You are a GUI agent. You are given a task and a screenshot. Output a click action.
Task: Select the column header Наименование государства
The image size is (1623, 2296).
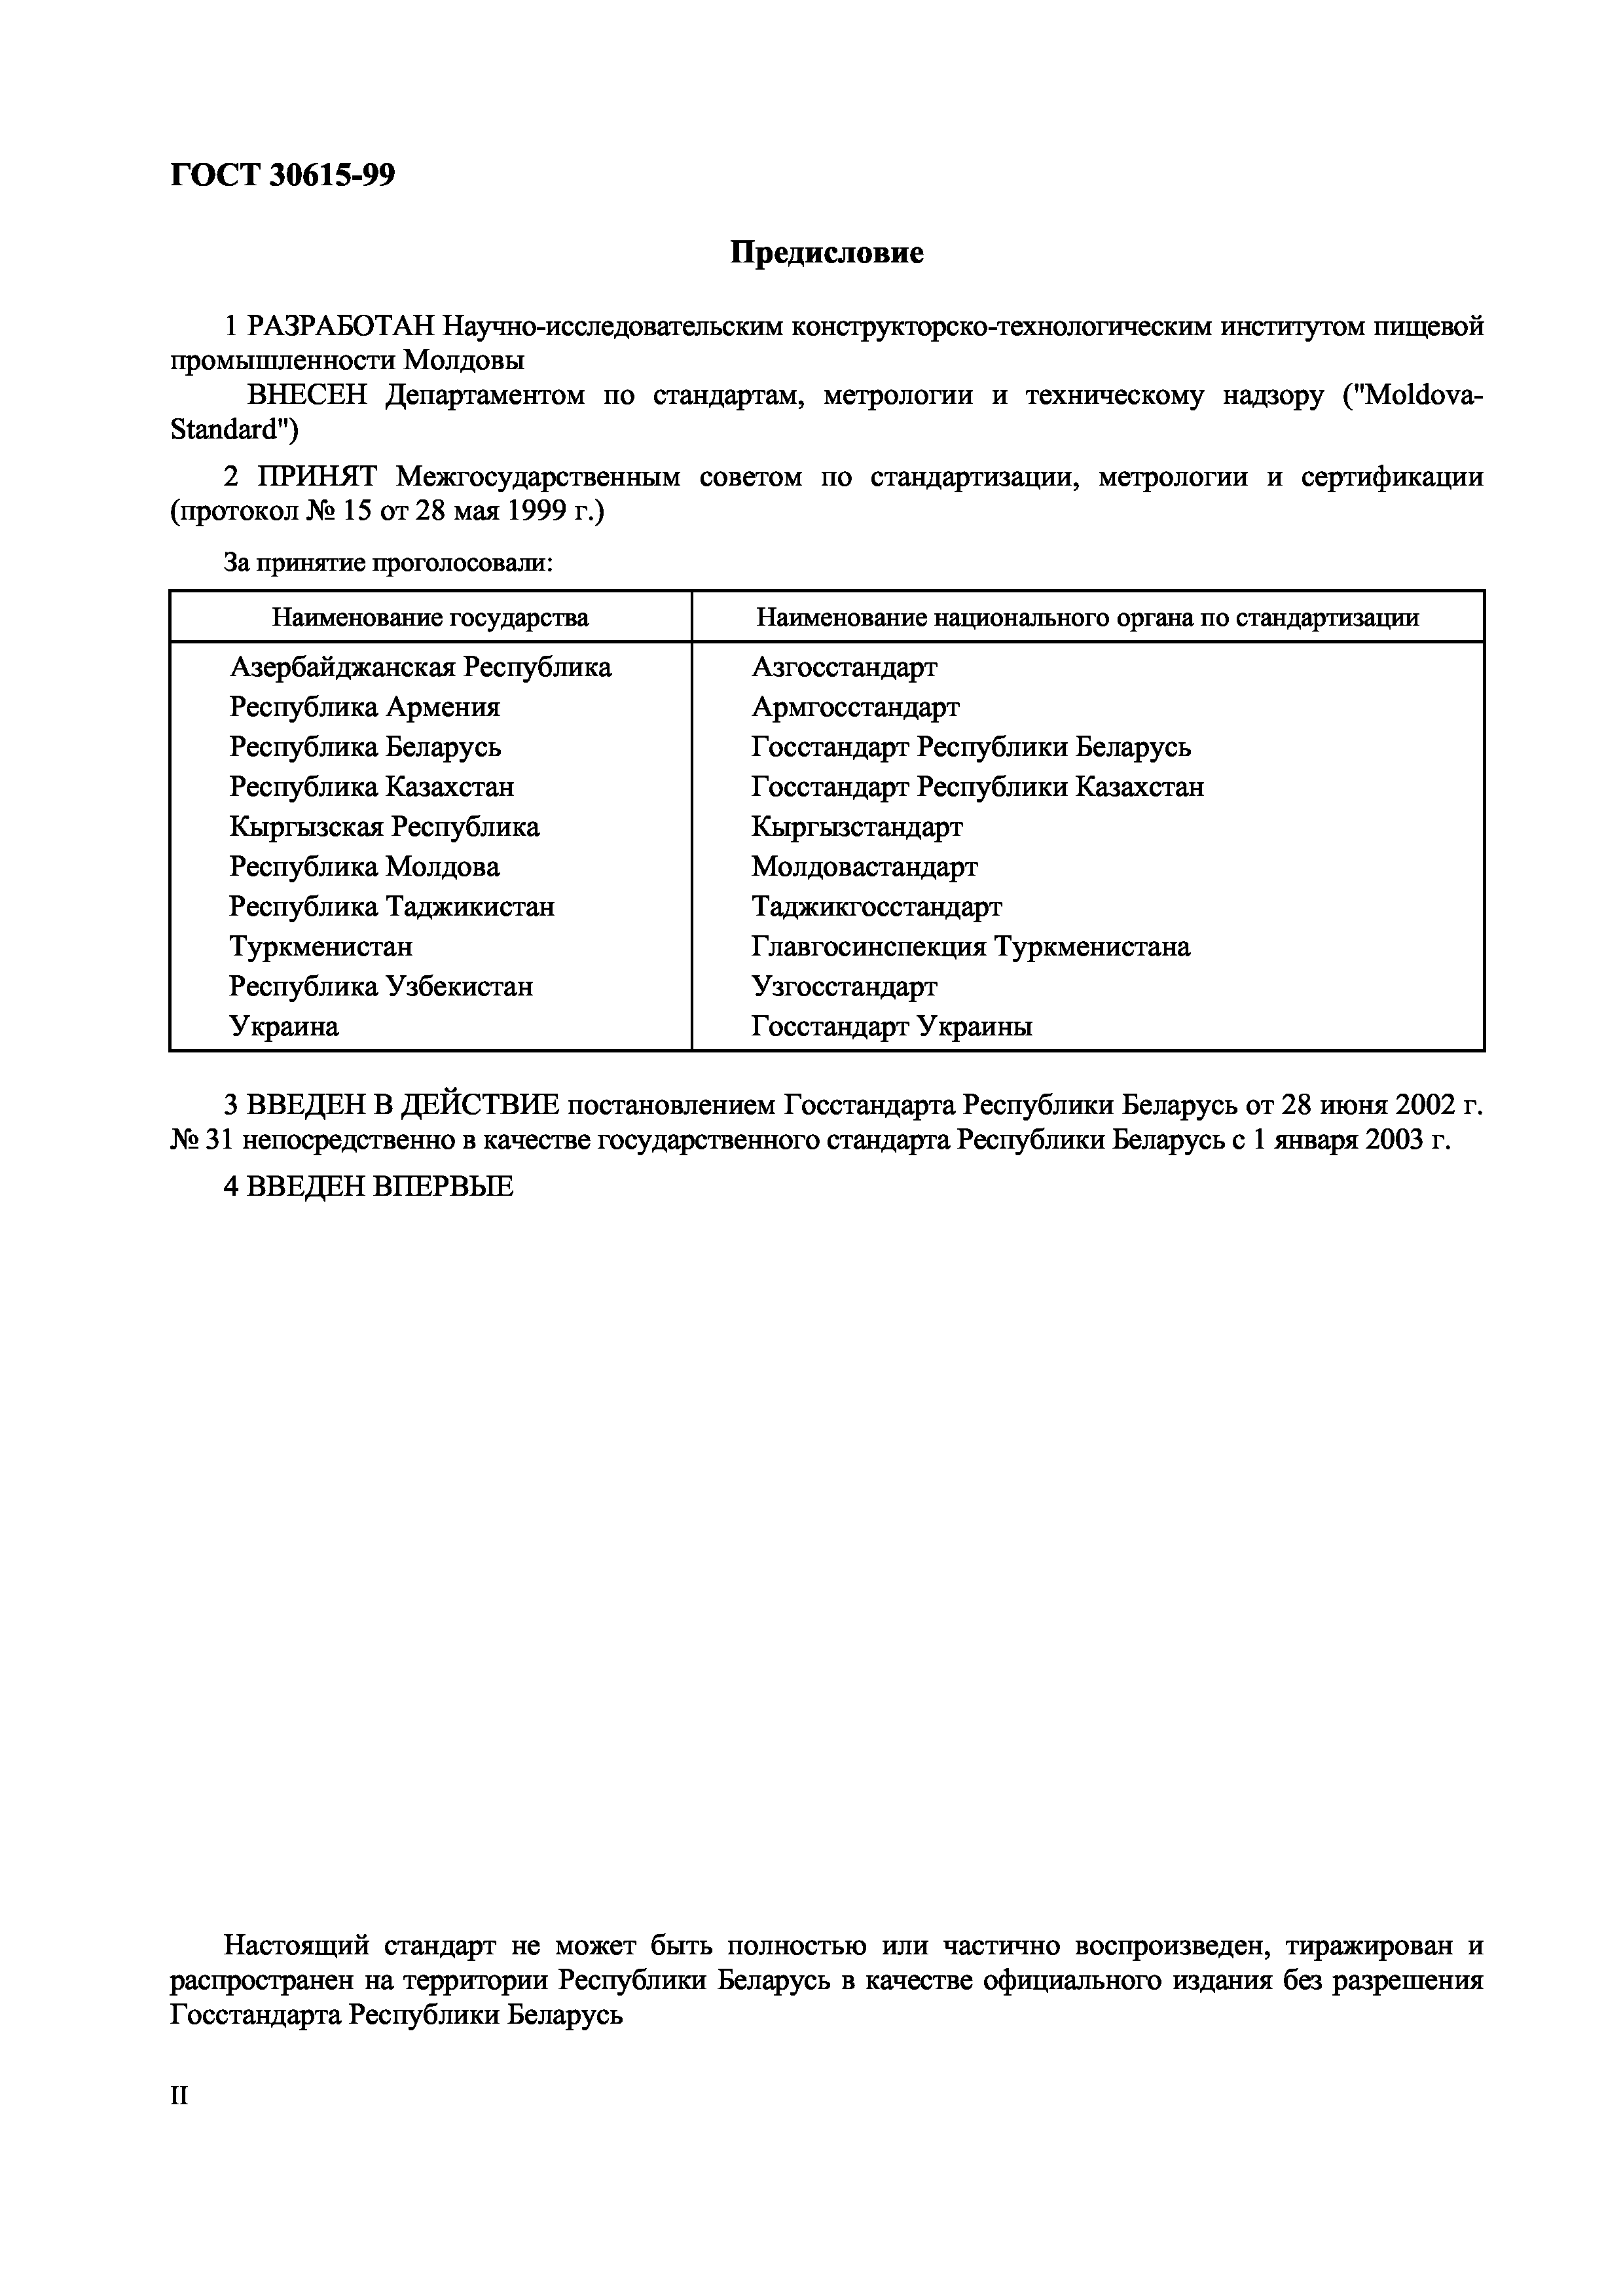pyautogui.click(x=430, y=617)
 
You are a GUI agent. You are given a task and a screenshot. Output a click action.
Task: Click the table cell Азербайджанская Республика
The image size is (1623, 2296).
pyautogui.click(x=420, y=667)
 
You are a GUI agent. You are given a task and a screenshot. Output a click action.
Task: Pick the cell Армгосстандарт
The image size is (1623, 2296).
pyautogui.click(x=855, y=707)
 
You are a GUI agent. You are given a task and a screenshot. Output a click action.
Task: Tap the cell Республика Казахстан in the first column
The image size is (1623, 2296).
pyautogui.click(x=371, y=787)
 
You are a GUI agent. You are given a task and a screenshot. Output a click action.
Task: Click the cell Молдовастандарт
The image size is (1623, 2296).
pyautogui.click(x=864, y=867)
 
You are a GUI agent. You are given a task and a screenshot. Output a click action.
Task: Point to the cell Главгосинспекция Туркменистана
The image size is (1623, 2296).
pyautogui.click(x=970, y=947)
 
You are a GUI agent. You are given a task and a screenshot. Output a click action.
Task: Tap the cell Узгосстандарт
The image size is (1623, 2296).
pyautogui.click(x=844, y=987)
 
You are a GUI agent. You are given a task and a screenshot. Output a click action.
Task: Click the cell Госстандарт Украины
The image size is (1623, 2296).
pyautogui.click(x=891, y=1027)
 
